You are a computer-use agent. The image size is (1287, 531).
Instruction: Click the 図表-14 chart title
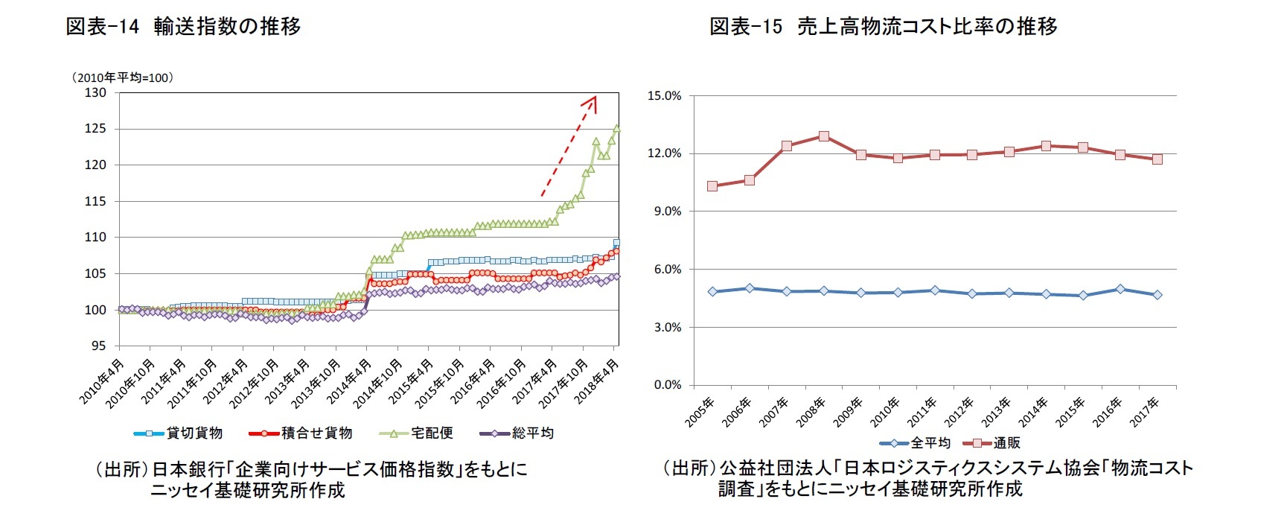click(x=183, y=27)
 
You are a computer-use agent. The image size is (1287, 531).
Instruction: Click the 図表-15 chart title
click(x=883, y=27)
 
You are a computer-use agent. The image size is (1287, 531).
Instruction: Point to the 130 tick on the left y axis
click(x=96, y=93)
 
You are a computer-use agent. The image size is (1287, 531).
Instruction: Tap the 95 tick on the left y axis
click(x=99, y=346)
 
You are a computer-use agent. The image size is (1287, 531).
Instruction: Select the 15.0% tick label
click(x=664, y=95)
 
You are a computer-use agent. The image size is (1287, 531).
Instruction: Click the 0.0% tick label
click(x=667, y=385)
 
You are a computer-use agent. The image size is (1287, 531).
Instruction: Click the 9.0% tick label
click(x=667, y=212)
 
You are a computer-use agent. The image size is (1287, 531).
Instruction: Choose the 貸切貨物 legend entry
click(x=179, y=433)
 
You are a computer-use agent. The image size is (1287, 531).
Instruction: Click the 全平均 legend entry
click(x=915, y=443)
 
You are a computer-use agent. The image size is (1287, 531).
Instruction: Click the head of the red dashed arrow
click(x=594, y=98)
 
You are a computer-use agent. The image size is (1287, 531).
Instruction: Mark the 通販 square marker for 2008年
click(x=824, y=136)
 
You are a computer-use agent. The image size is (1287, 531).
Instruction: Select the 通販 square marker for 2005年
click(x=712, y=186)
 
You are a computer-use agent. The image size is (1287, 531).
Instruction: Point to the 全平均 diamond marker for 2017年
click(x=1157, y=295)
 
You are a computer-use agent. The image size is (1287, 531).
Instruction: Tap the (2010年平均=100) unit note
click(x=122, y=77)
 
